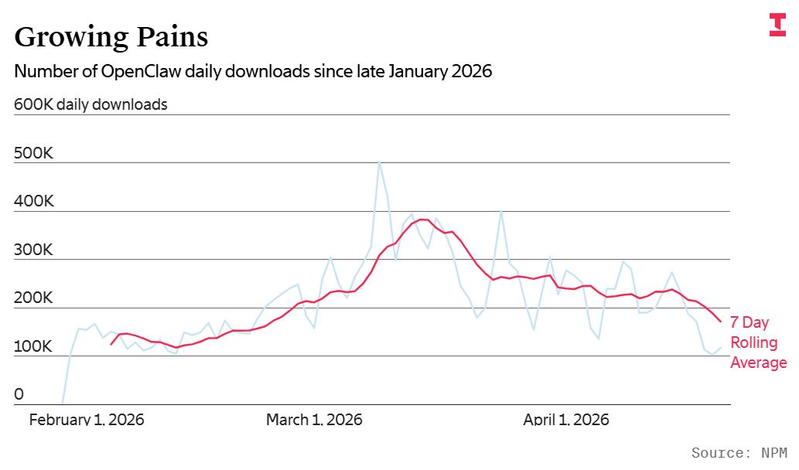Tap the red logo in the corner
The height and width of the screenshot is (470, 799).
(777, 25)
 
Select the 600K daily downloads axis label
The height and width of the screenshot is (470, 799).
(90, 104)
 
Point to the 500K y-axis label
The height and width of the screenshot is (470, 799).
(33, 153)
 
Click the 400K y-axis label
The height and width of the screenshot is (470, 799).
(33, 201)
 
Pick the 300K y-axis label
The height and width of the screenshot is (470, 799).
(33, 250)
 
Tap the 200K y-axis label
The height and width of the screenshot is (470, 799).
(33, 298)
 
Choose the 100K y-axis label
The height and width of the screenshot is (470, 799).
(33, 346)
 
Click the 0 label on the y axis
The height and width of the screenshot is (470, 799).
(19, 394)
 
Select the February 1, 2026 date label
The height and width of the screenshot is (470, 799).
(87, 420)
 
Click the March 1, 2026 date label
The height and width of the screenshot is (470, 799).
(314, 420)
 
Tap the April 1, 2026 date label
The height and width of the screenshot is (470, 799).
(566, 420)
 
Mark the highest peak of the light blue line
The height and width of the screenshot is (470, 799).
(379, 162)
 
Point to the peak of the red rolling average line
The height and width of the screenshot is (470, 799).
(423, 220)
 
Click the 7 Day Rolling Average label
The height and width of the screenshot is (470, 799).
(758, 342)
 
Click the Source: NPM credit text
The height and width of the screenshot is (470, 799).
(739, 453)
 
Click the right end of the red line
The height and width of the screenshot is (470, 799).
(720, 321)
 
